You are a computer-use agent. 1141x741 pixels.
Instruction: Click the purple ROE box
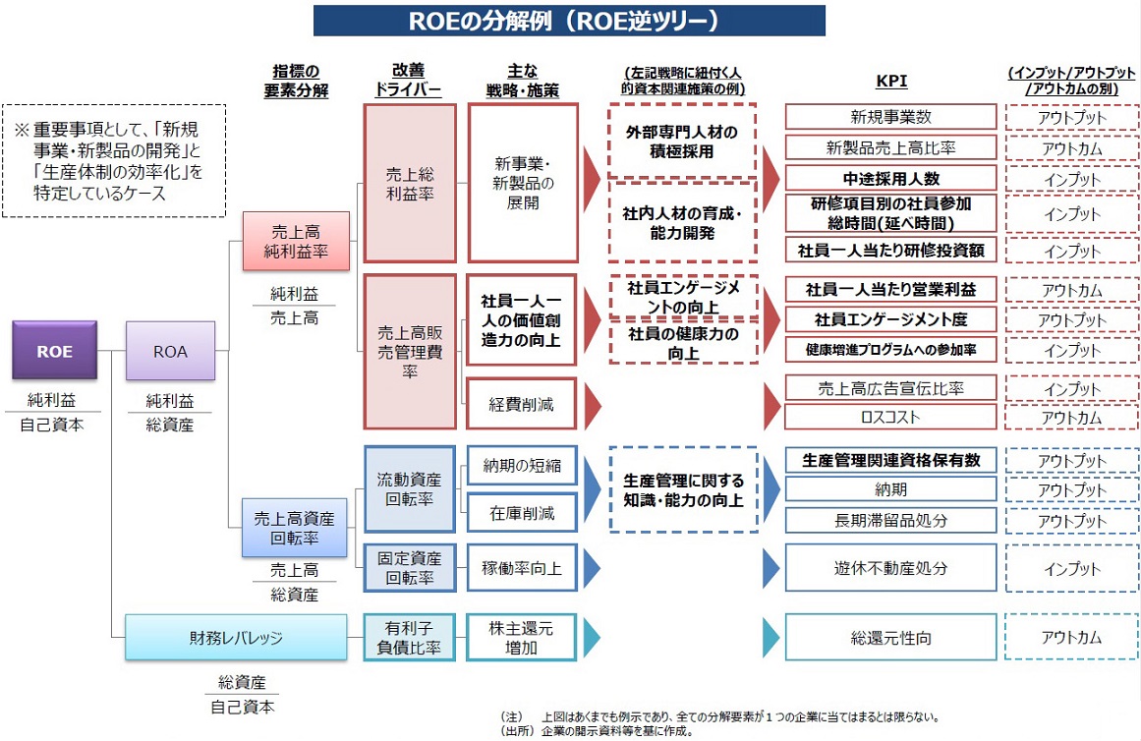(54, 350)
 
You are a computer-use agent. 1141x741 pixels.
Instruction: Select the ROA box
(170, 350)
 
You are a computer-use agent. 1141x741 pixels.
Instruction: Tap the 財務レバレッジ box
(236, 637)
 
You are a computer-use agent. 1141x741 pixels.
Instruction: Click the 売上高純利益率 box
(296, 241)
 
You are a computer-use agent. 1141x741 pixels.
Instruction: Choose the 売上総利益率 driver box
(409, 184)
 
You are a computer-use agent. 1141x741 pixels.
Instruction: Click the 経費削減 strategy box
(521, 403)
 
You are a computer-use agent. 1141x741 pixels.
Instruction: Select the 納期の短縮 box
(521, 465)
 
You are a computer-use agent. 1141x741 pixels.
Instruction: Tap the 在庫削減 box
(521, 512)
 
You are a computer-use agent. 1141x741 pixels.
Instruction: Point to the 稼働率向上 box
(521, 568)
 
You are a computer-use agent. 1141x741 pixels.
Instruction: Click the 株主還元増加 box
(521, 637)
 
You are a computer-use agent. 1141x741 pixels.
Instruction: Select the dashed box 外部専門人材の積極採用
(681, 141)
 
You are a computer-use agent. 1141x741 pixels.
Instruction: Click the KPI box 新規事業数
(890, 117)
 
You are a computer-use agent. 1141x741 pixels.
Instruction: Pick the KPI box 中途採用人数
(890, 179)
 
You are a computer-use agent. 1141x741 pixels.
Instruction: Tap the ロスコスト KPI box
(890, 417)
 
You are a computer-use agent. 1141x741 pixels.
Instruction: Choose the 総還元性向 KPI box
(890, 637)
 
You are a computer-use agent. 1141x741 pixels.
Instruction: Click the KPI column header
(889, 83)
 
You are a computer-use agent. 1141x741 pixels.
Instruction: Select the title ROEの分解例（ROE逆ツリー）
(569, 20)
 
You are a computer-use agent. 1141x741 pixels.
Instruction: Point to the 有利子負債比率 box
(409, 637)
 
